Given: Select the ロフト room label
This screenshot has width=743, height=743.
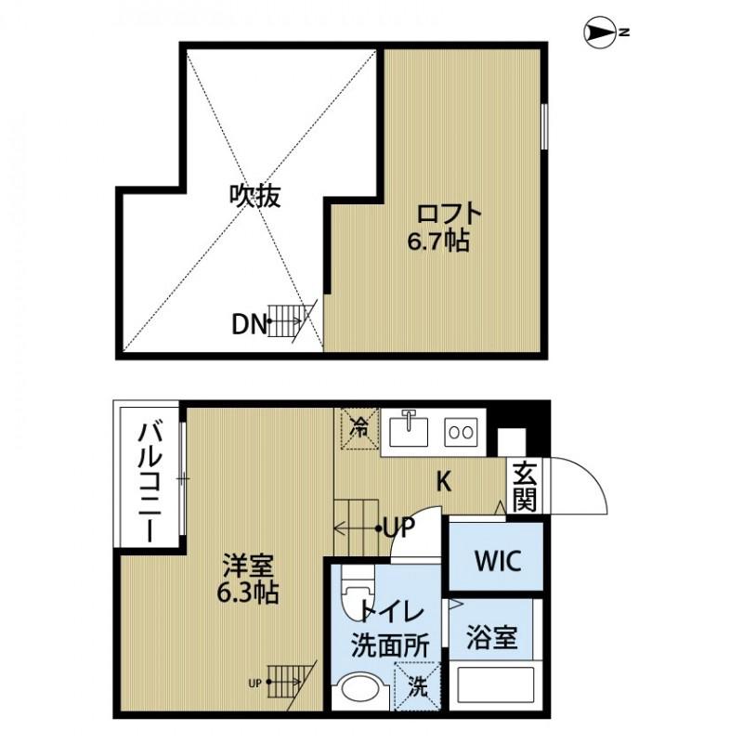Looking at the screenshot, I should tap(450, 214).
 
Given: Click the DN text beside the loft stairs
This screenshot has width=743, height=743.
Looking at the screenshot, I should tap(249, 324).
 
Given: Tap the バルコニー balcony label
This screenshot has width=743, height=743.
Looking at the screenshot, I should tap(148, 482).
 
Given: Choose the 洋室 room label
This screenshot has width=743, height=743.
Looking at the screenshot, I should tap(247, 563).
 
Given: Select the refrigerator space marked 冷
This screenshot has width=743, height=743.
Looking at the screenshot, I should tap(358, 429).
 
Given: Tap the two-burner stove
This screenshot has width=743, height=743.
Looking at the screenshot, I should tap(461, 431).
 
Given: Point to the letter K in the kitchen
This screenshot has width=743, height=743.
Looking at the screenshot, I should tap(445, 481).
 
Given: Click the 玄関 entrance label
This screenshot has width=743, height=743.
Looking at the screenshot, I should tap(525, 486).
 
